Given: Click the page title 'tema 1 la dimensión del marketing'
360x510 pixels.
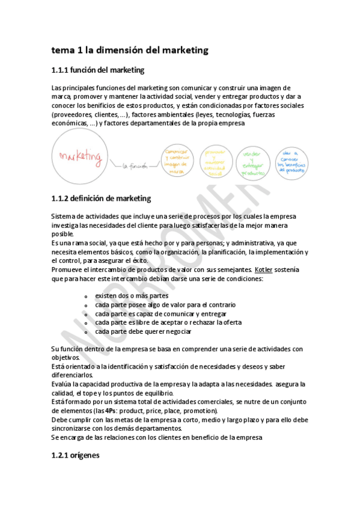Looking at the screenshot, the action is [x=130, y=51].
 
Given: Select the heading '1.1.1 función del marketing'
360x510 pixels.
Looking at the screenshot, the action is [x=98, y=70].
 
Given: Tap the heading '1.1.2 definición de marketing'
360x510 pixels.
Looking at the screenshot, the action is [x=101, y=198].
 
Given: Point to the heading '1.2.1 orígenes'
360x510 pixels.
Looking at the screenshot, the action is [x=76, y=456].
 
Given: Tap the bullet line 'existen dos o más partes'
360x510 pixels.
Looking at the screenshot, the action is [x=132, y=296].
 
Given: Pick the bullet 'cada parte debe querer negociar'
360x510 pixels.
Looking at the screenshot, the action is [x=143, y=331].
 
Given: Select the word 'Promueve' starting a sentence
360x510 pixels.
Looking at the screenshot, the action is [x=68, y=269].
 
